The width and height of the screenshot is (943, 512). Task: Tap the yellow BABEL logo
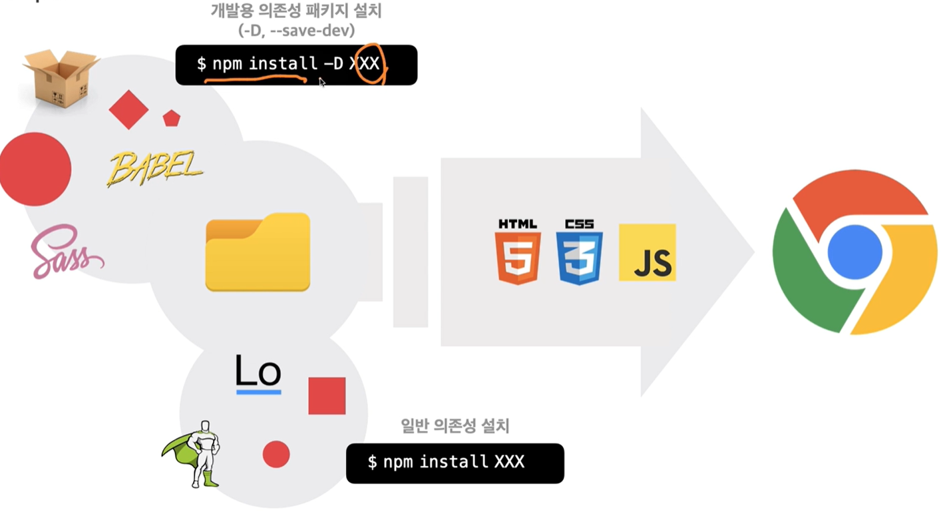pyautogui.click(x=155, y=168)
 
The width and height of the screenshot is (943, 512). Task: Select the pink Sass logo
pyautogui.click(x=67, y=252)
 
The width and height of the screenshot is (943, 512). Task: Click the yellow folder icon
pyautogui.click(x=258, y=252)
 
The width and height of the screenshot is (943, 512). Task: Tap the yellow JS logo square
pyautogui.click(x=648, y=252)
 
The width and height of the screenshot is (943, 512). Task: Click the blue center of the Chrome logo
pyautogui.click(x=854, y=252)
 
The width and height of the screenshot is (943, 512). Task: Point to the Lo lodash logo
pyautogui.click(x=258, y=374)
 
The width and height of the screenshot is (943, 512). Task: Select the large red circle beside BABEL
pyautogui.click(x=35, y=169)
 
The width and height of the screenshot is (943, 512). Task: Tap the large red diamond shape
pyautogui.click(x=128, y=110)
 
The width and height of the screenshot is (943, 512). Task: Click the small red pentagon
pyautogui.click(x=172, y=119)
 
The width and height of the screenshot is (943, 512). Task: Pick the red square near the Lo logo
pyautogui.click(x=327, y=396)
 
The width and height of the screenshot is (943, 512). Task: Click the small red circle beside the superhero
pyautogui.click(x=276, y=455)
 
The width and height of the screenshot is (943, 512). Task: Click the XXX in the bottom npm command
pyautogui.click(x=509, y=462)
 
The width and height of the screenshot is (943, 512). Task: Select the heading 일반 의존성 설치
pyautogui.click(x=455, y=425)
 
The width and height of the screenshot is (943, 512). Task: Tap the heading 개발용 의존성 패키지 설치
pyautogui.click(x=296, y=11)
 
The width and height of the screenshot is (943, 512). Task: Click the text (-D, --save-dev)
pyautogui.click(x=297, y=31)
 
